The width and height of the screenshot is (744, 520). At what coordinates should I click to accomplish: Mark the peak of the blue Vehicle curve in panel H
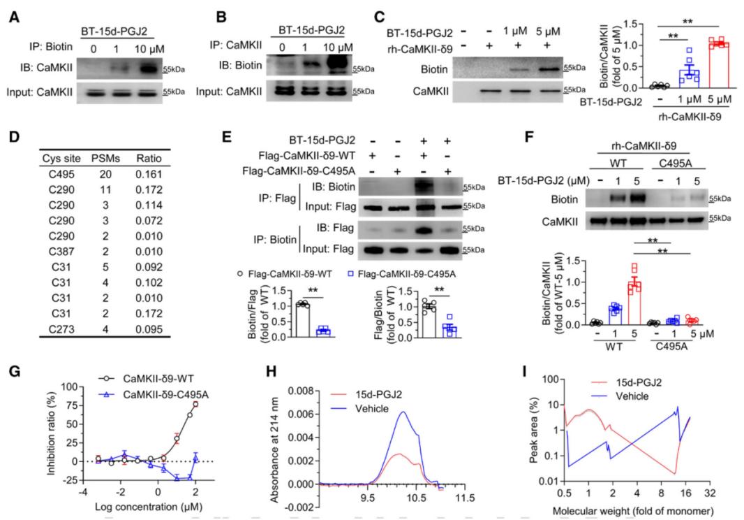401,412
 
